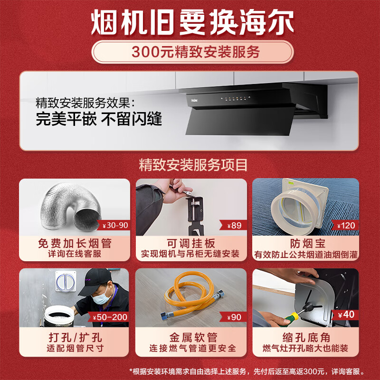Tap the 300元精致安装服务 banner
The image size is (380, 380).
click(x=190, y=52)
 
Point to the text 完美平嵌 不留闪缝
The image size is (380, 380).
click(x=99, y=119)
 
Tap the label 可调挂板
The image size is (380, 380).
click(x=190, y=244)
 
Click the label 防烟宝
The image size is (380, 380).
click(x=306, y=244)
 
